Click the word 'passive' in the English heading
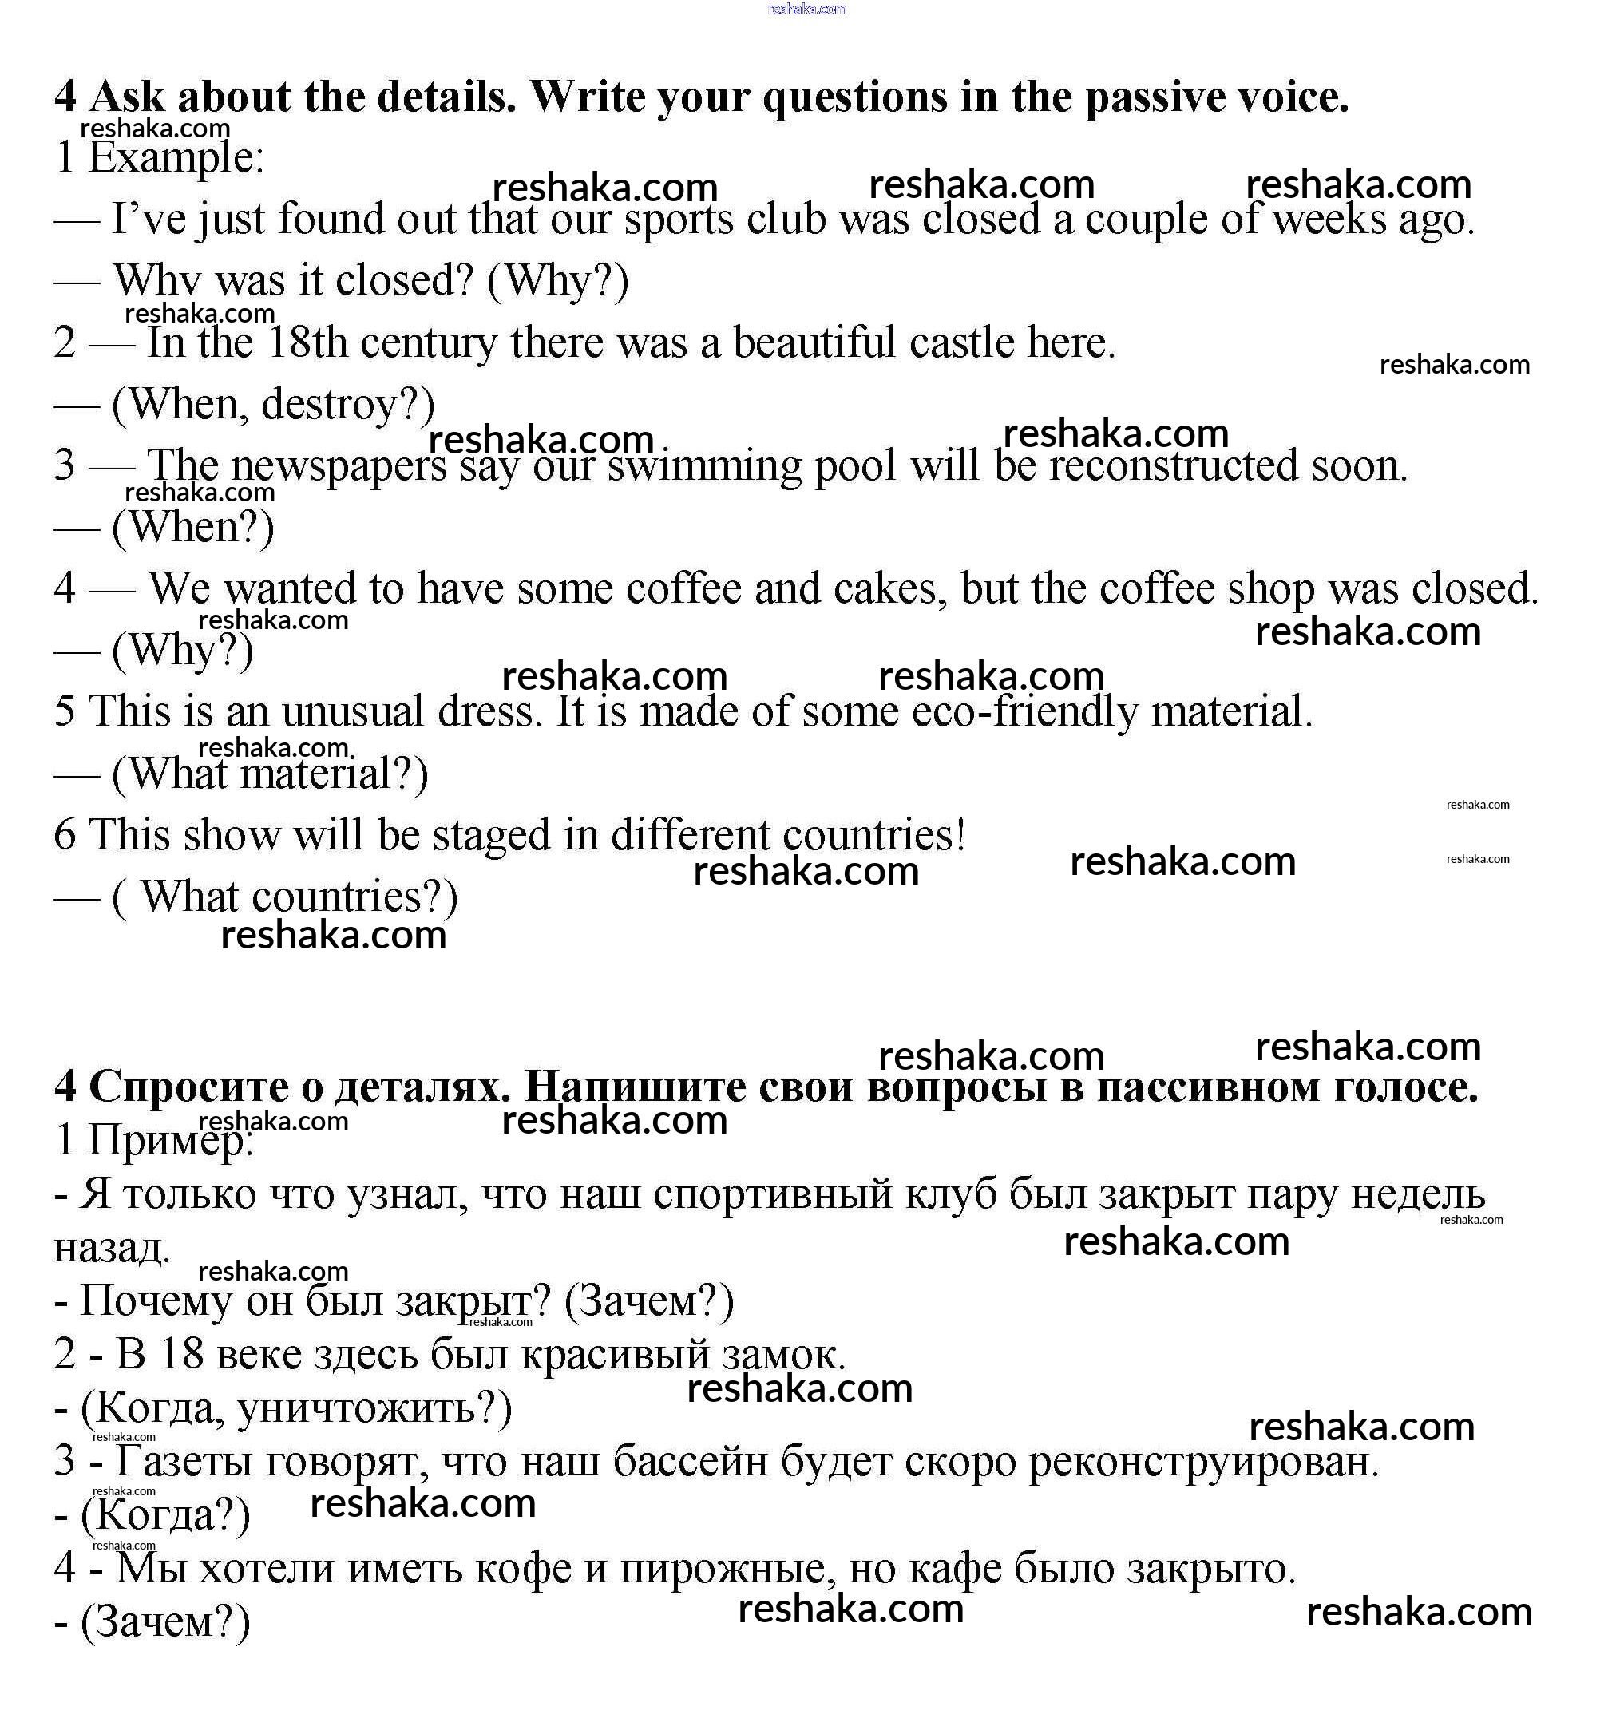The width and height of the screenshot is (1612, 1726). pos(1154,97)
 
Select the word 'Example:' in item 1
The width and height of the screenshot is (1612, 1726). pos(176,159)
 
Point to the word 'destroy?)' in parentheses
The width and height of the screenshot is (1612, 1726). pos(347,405)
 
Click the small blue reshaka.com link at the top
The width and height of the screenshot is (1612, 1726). pos(806,9)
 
